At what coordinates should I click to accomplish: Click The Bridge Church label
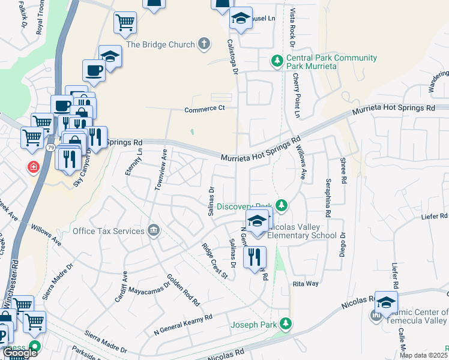tap(161, 44)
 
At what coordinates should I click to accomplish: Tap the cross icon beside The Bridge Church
tap(204, 44)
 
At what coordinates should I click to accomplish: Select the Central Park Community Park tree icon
tap(277, 60)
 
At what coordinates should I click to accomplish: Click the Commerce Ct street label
tap(204, 108)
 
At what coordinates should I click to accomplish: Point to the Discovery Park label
tap(245, 206)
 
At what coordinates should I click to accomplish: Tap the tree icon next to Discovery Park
tap(280, 206)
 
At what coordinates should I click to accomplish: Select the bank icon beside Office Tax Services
tap(154, 231)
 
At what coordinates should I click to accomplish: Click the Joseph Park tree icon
tap(286, 323)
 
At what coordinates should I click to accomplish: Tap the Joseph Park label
tap(255, 325)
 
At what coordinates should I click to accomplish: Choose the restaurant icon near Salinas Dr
tap(255, 257)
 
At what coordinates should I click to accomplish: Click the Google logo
tap(20, 353)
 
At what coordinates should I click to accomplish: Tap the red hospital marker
tap(32, 166)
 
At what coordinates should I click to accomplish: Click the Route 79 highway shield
tap(50, 148)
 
